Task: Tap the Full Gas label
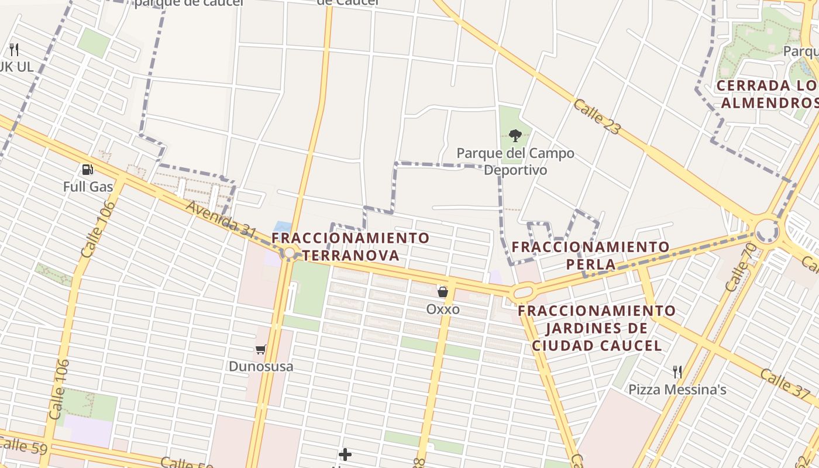[88, 187]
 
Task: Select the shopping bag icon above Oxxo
[443, 291]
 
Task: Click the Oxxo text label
[443, 309]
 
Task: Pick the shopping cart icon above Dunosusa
[261, 350]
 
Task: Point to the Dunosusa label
[261, 367]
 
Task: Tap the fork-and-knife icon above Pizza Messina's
[677, 372]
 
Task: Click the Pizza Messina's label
[677, 390]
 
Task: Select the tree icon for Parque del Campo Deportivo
[515, 136]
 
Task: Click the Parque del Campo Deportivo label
[515, 161]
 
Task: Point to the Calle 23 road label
[597, 116]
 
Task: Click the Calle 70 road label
[741, 267]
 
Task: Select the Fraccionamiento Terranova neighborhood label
[351, 247]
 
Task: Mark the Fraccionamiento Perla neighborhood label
[591, 256]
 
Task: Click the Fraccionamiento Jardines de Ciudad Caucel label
[597, 328]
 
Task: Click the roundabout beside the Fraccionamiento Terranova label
[289, 253]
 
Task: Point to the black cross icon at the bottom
[345, 454]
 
